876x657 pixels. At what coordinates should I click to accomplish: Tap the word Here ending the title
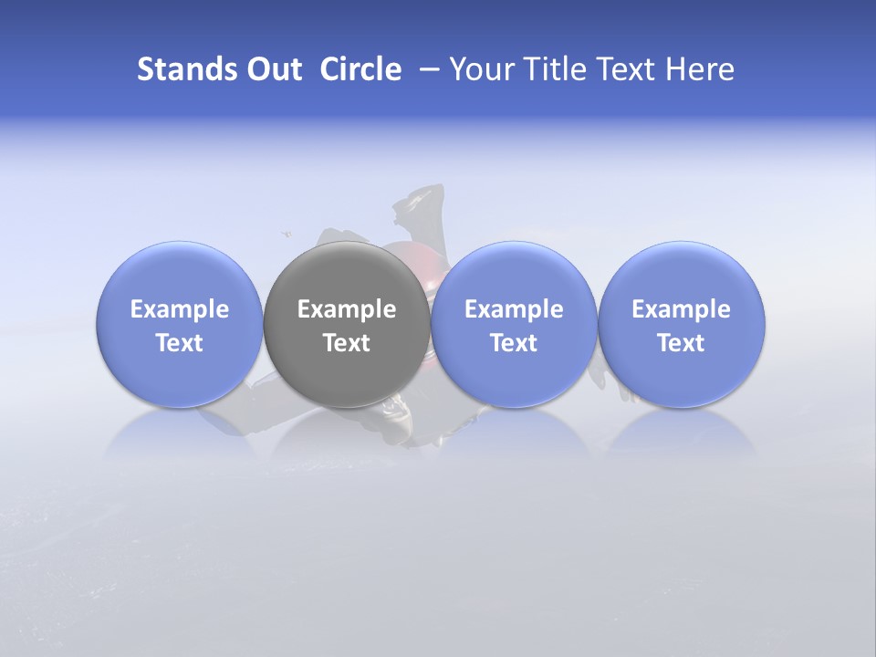click(702, 69)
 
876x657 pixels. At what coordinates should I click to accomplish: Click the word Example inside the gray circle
click(347, 309)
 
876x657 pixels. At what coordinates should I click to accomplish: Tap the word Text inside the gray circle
click(347, 343)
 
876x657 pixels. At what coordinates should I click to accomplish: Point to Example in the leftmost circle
click(179, 309)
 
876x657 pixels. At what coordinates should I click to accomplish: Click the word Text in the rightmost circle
click(681, 343)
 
